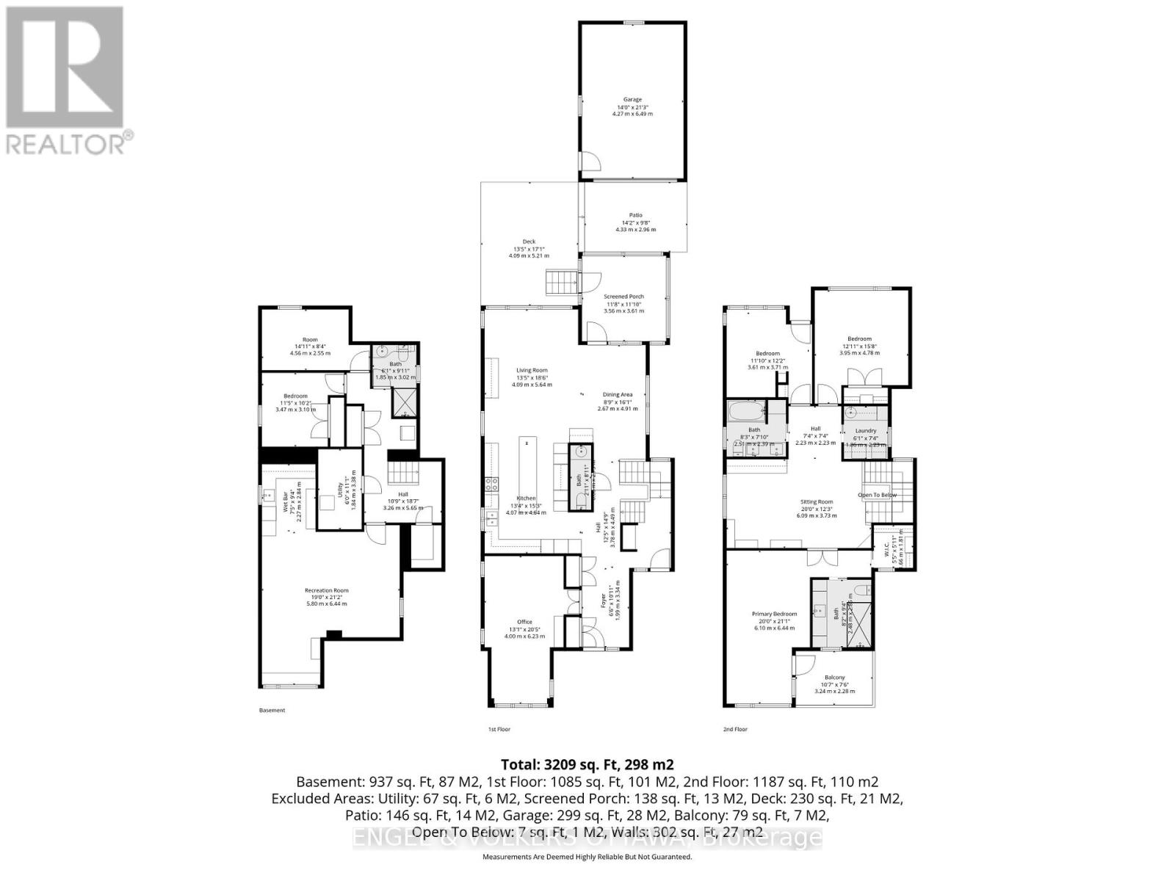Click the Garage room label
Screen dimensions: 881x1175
(x=632, y=100)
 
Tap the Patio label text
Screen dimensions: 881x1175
(x=635, y=215)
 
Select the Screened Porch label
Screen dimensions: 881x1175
(x=625, y=297)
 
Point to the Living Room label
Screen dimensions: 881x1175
(x=531, y=371)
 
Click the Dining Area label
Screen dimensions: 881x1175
(x=617, y=395)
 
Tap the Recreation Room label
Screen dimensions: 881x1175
(x=326, y=590)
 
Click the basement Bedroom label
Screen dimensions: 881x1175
(x=295, y=396)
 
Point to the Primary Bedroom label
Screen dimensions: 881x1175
(x=774, y=614)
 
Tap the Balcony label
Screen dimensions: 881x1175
(x=834, y=678)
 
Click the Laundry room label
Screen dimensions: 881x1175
(x=866, y=431)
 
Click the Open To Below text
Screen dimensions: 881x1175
(x=877, y=495)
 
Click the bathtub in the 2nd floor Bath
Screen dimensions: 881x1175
(x=747, y=409)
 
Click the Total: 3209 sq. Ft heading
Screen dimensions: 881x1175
(x=587, y=764)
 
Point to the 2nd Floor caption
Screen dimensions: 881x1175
(x=735, y=729)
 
